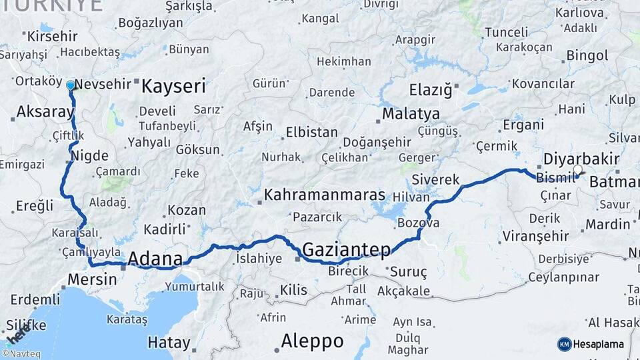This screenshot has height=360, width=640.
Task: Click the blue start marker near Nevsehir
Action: (70, 85)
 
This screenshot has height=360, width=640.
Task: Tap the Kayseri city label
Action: (174, 86)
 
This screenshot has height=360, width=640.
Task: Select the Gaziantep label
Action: (346, 250)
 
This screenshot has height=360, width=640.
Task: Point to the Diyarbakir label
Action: (581, 159)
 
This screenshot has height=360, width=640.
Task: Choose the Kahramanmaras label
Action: (325, 195)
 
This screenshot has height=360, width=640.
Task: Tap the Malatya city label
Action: (411, 113)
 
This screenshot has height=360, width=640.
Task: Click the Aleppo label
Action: (312, 341)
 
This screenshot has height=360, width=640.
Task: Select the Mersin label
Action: (93, 279)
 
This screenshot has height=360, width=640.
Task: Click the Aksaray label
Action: (45, 111)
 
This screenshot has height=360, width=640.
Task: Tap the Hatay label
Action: (169, 343)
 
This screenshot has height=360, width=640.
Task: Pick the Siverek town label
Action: (436, 179)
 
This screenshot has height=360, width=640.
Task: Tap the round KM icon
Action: (565, 344)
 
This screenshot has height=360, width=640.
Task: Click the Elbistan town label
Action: (311, 132)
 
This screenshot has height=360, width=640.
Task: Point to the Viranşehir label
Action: (535, 235)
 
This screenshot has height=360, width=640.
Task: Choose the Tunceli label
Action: (507, 32)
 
